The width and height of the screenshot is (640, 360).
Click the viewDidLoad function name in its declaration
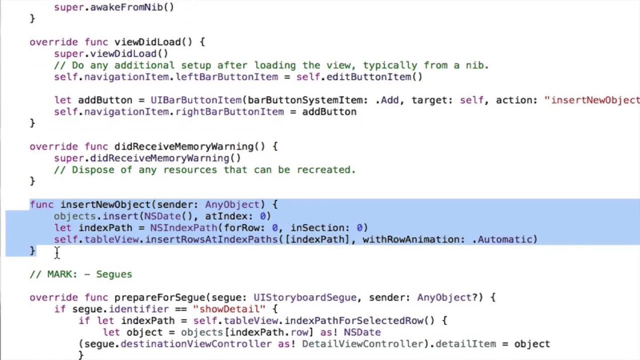coord(147,42)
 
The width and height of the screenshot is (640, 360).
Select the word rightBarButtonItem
coord(229,112)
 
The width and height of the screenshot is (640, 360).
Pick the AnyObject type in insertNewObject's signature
coord(232,204)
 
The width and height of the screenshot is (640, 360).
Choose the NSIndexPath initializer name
coord(183,228)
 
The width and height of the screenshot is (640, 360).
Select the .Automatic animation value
coord(504,239)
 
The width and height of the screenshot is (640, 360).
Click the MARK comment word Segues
coord(114,274)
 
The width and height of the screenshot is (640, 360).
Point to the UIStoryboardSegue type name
coord(305,297)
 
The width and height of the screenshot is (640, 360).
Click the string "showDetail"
coord(229,309)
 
